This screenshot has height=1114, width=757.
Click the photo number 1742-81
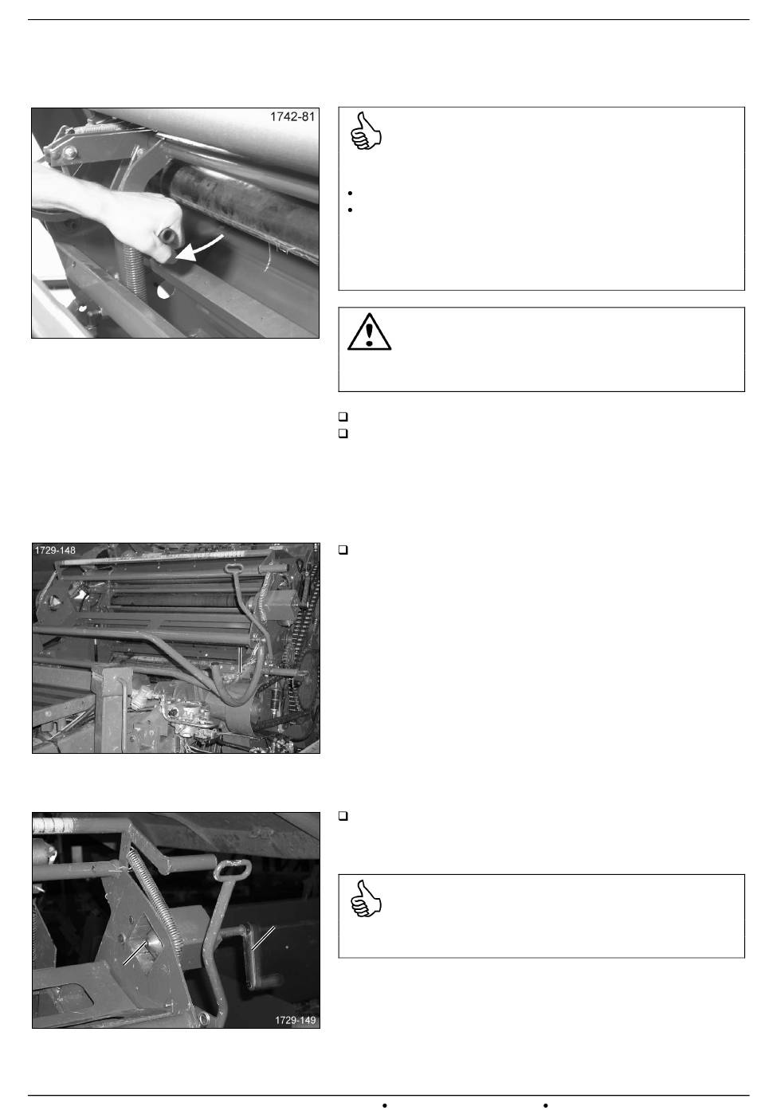pos(292,117)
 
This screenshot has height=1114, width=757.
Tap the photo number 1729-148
pos(55,551)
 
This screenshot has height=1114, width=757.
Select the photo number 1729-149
pos(296,1021)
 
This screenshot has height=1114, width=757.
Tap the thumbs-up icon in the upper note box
pos(366,131)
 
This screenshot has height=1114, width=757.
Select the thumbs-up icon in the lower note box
pos(366,898)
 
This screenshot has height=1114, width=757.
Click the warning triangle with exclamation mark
pos(369,331)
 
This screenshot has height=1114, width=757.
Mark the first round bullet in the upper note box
pos(350,193)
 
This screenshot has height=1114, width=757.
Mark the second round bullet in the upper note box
pos(350,210)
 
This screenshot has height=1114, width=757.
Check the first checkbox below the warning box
pos(343,417)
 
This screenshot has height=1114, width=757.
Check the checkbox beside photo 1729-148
pos(343,550)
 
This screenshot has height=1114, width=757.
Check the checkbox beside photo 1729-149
pos(343,816)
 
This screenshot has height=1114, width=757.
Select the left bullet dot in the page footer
pos(384,1105)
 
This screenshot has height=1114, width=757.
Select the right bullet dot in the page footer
pos(546,1105)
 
